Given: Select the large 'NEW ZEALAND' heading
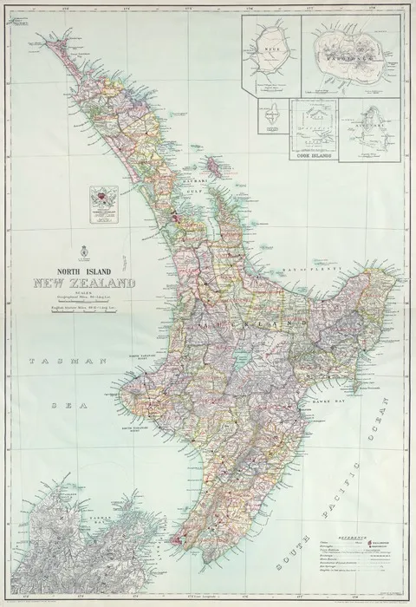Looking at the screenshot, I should [x=84, y=283].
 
